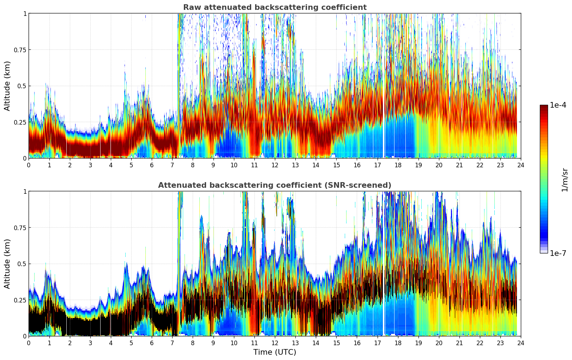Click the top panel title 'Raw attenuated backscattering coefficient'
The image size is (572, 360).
[275, 7]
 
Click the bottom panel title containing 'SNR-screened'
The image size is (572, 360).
[275, 185]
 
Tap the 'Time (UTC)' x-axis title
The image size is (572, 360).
[275, 352]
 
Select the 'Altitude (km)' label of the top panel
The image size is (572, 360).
[7, 86]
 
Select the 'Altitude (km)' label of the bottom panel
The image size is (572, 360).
[7, 264]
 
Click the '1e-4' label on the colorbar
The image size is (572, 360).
[558, 105]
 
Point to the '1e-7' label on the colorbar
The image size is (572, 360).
[558, 253]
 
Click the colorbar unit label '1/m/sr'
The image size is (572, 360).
[564, 180]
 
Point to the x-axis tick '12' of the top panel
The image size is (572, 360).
[275, 165]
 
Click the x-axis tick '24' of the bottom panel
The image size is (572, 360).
[521, 343]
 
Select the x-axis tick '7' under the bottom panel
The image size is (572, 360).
[172, 343]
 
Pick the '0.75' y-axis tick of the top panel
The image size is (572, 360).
[20, 50]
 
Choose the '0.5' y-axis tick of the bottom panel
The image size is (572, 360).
[22, 264]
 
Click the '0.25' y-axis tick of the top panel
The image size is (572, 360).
[20, 122]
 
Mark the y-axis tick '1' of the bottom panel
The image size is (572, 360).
[25, 191]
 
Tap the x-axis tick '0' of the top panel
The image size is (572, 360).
[29, 165]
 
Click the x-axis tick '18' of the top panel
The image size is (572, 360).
[398, 165]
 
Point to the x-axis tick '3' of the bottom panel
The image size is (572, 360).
[90, 343]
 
